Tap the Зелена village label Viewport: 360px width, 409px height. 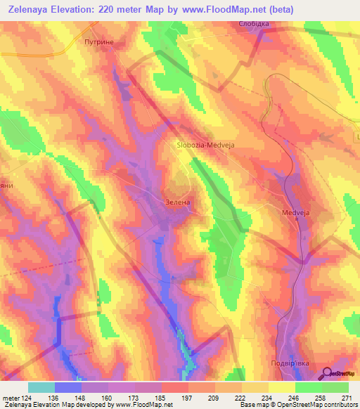178,202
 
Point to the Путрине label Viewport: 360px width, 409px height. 98,42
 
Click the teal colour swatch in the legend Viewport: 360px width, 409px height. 41,387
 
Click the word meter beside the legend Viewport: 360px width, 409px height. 10,397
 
